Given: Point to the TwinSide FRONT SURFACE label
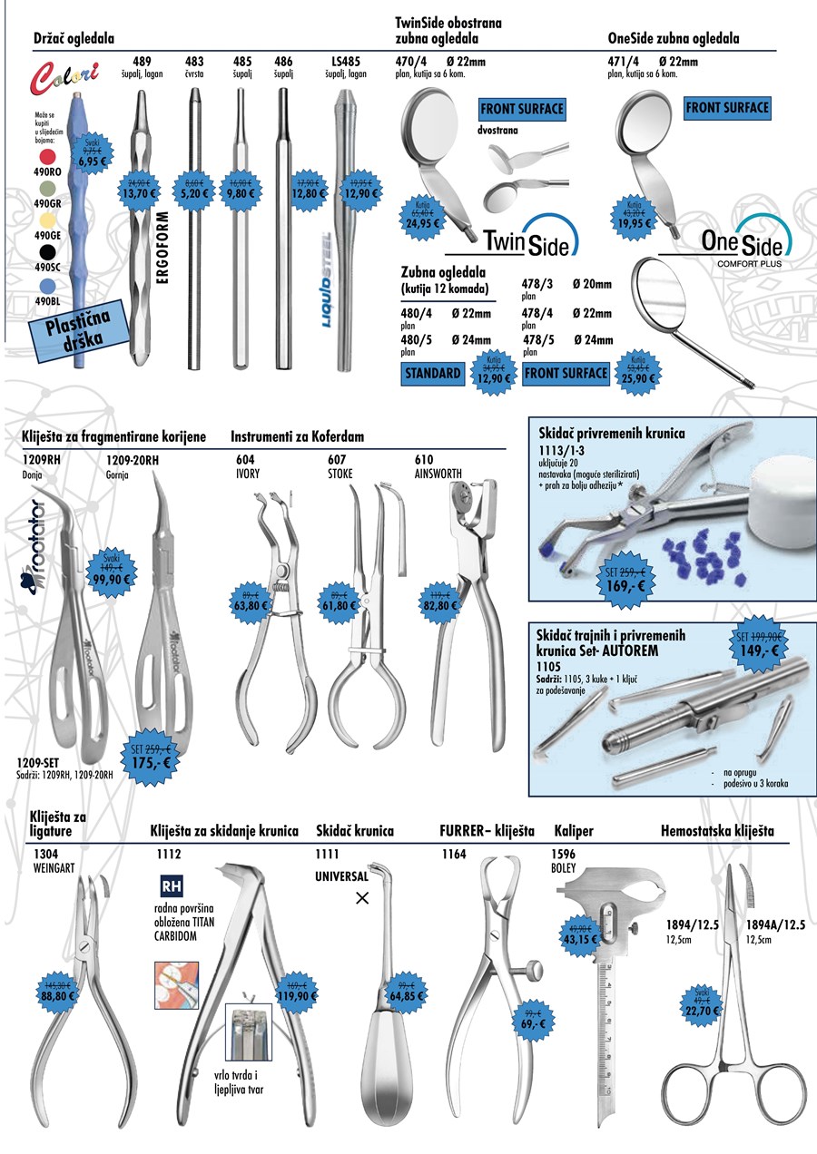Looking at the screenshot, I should [x=522, y=110].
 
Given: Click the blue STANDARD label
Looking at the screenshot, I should [x=433, y=373].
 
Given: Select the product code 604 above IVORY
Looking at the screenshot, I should [x=244, y=459].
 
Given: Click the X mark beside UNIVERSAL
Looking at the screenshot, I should [x=362, y=898].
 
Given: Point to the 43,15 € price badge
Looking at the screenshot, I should [x=579, y=934].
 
